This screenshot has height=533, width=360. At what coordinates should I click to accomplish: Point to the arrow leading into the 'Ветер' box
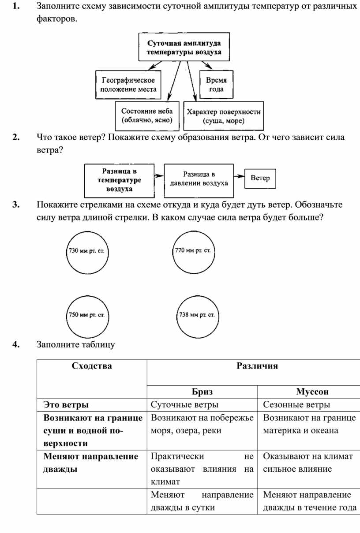239,176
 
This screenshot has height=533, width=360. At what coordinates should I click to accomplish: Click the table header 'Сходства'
92,366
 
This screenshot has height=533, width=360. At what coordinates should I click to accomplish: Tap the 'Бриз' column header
202,391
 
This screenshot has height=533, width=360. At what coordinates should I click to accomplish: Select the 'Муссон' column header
312,391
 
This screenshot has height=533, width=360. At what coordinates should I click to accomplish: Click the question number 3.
16,205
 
